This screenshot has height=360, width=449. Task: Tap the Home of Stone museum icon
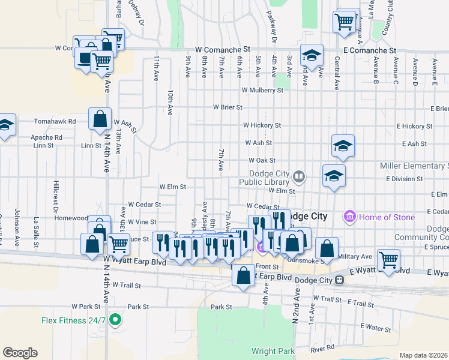click(x=349, y=216)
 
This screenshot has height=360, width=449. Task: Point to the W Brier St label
click(x=228, y=107)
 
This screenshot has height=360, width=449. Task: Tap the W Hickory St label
click(x=262, y=125)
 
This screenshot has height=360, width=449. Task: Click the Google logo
click(x=20, y=352)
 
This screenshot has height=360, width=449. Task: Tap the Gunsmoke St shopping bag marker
click(x=327, y=248)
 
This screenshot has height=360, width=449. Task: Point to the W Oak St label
click(x=262, y=161)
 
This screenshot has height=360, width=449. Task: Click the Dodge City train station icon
click(x=339, y=280)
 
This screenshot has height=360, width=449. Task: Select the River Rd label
click(x=322, y=348)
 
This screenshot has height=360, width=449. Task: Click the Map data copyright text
click(x=423, y=355)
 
